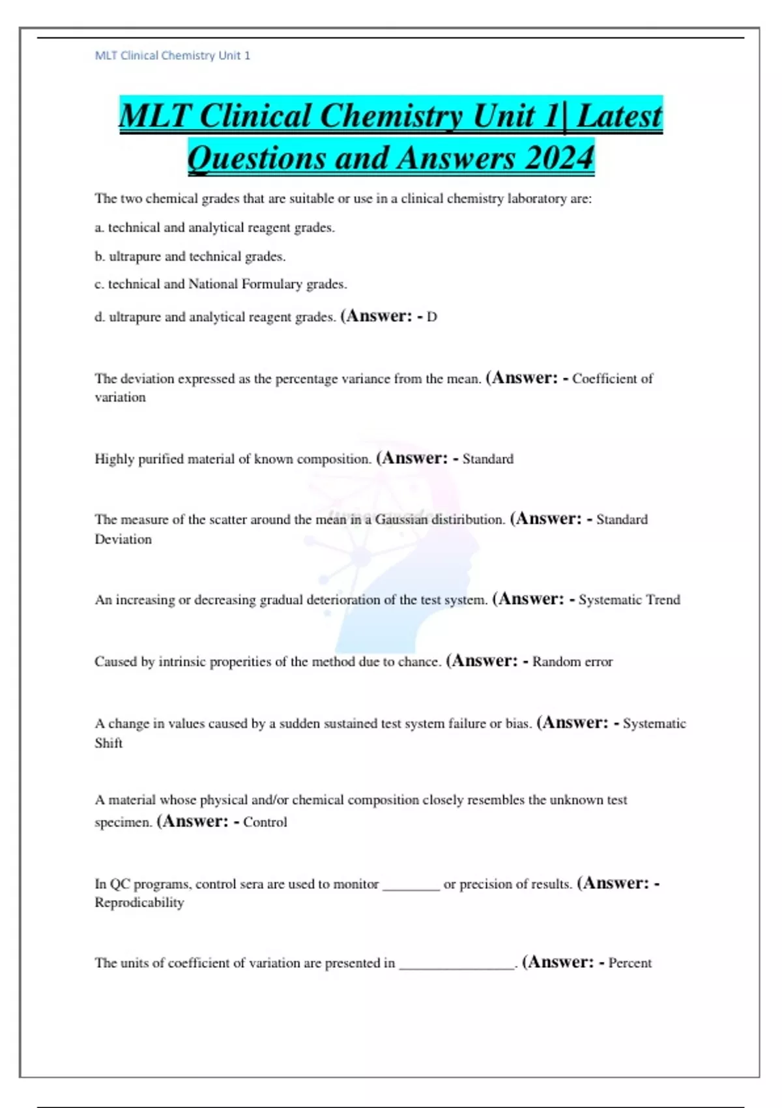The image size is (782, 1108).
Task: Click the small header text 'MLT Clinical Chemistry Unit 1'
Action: click(172, 56)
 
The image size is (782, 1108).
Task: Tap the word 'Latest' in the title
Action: click(619, 116)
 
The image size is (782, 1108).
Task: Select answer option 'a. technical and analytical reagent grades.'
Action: click(214, 228)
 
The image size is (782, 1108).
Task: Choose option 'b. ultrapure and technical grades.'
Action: click(190, 257)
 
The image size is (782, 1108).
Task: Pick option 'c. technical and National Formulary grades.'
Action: click(220, 284)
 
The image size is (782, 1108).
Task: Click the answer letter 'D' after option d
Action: click(431, 317)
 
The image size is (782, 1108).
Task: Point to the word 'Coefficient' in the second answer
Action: click(605, 379)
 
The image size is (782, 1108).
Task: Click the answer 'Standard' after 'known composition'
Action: click(487, 459)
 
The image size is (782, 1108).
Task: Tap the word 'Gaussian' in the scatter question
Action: click(401, 519)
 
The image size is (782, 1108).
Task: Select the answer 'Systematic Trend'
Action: click(629, 600)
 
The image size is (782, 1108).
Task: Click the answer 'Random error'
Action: click(572, 662)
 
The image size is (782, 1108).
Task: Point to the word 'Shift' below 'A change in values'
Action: click(108, 743)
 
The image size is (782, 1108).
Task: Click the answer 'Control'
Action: click(265, 822)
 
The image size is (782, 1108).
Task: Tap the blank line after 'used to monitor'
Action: click(411, 886)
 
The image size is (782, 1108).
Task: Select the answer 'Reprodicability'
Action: click(139, 903)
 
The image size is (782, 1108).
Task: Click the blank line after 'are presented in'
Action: click(457, 966)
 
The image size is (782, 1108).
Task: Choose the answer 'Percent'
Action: click(630, 963)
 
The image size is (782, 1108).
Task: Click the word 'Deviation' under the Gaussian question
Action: click(123, 540)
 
